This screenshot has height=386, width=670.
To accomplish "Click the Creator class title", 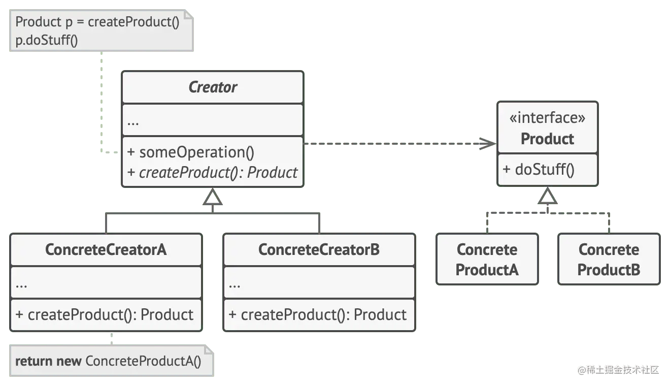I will (x=213, y=87).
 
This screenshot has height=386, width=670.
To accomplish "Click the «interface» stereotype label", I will (x=547, y=118).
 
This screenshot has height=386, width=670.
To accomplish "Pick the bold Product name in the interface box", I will (x=547, y=139).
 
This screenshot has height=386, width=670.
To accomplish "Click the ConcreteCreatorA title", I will (x=106, y=249).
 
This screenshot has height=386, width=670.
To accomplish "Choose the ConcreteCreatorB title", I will (x=319, y=249).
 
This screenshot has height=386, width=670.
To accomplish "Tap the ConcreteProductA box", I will (x=487, y=260).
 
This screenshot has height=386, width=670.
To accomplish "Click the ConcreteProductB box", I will (x=609, y=260).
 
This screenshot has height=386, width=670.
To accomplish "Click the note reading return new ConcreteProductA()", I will (x=109, y=361).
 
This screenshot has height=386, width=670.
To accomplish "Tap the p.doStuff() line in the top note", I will (x=47, y=41).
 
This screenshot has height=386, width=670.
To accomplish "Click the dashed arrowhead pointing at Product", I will (x=488, y=144).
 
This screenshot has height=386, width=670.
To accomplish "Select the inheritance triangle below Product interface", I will (x=547, y=197).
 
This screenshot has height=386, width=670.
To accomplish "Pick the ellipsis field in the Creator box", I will (x=133, y=122).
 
